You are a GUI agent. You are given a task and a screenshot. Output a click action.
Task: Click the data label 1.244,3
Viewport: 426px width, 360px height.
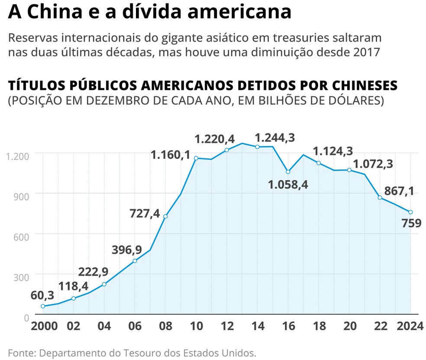(275, 138)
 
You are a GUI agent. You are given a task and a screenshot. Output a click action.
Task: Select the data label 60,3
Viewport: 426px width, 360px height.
(42, 295)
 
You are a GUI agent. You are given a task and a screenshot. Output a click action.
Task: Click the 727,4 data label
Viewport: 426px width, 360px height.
(145, 213)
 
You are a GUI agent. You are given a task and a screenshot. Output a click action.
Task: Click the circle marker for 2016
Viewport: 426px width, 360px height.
(288, 172)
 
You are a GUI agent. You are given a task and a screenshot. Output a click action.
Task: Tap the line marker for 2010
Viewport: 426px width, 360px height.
(196, 158)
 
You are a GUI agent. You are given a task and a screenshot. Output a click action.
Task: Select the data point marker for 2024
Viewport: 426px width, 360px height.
(410, 212)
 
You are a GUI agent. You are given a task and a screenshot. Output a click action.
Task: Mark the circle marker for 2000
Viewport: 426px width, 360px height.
(42, 306)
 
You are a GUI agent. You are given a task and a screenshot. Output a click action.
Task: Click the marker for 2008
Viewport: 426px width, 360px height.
(165, 217)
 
